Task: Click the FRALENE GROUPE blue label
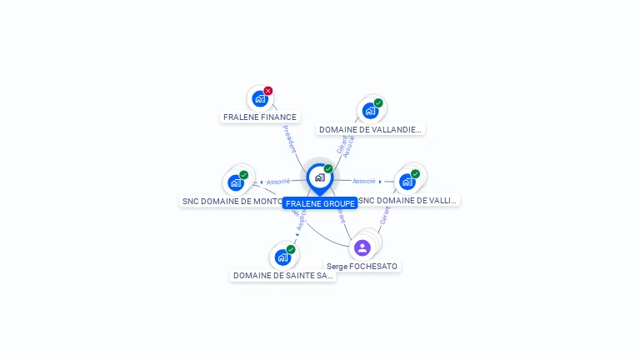coord(320,203)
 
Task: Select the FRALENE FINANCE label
coord(260,117)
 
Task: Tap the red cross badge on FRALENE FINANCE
coord(268,91)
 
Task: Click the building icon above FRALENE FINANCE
coord(260,99)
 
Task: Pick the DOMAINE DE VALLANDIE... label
coord(371,130)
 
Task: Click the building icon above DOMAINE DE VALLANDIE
coord(370,111)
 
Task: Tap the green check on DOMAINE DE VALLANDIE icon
coord(378,103)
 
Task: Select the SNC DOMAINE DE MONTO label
coord(232,202)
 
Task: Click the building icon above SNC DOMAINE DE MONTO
coord(236,182)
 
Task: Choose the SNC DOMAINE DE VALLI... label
coord(408,201)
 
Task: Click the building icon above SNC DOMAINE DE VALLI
coord(407,182)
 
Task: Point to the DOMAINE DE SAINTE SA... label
coord(282,276)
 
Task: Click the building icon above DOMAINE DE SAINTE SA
coord(282,257)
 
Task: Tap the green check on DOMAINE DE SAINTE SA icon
coord(291,249)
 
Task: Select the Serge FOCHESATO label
coord(362,267)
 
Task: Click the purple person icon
coord(362,247)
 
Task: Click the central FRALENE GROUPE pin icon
coord(319,177)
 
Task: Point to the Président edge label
coord(289,138)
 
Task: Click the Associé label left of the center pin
coord(278,182)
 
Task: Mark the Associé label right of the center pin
coord(363,181)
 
